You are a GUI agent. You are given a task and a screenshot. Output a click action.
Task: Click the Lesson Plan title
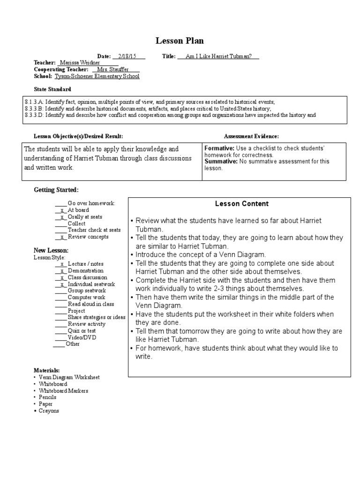click(180, 41)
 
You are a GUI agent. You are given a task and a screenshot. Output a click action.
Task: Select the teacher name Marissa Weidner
click(81, 63)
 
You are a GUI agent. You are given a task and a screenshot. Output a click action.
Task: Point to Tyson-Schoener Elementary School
click(97, 76)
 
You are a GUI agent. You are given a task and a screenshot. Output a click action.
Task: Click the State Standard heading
click(52, 89)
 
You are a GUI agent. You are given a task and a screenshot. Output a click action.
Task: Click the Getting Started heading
click(56, 190)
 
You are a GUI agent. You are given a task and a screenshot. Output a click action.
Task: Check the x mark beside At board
click(61, 210)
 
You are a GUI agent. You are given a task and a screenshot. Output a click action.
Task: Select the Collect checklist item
click(76, 224)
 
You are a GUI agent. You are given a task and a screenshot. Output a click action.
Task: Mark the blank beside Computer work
click(60, 297)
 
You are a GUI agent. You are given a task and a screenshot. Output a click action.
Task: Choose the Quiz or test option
click(82, 330)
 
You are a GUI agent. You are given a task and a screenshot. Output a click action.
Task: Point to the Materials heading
click(46, 370)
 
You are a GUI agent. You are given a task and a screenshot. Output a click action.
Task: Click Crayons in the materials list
click(49, 411)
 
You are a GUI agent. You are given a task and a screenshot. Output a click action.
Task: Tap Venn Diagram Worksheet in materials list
click(69, 377)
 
